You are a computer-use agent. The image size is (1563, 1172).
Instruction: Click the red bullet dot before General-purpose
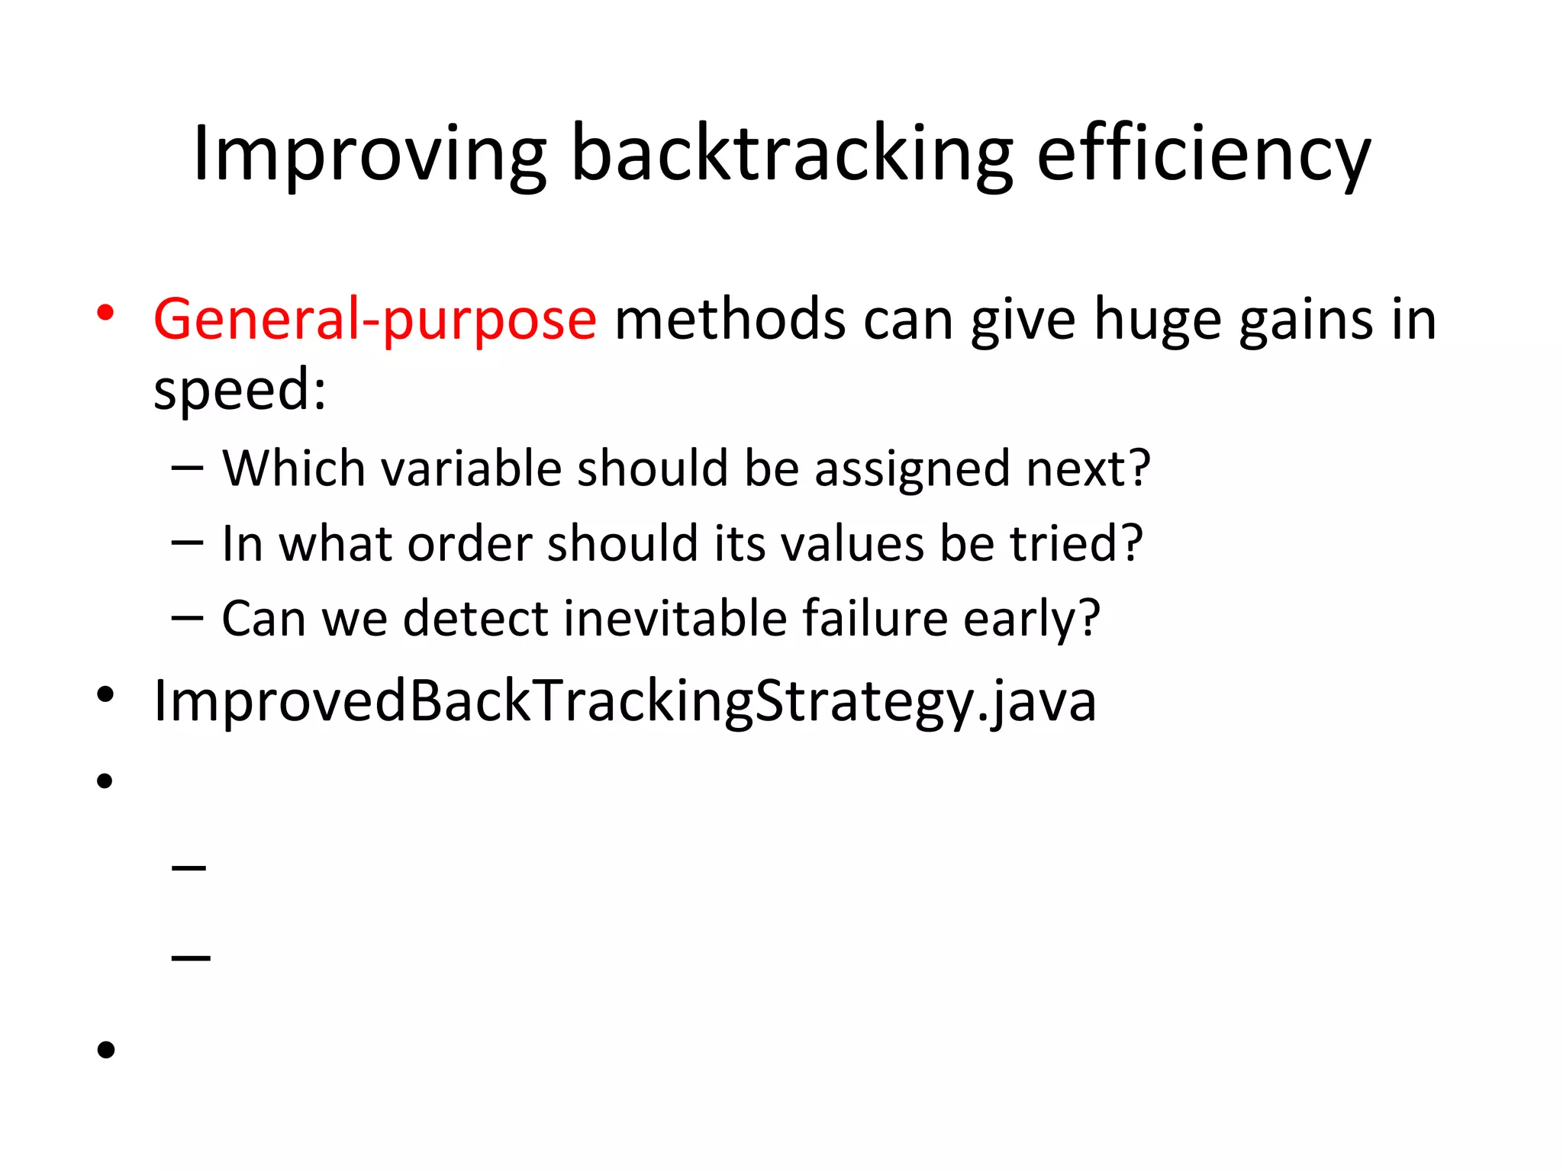tap(105, 312)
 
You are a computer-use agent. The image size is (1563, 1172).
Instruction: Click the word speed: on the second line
tap(240, 389)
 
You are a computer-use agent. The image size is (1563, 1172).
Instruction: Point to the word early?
tap(1031, 620)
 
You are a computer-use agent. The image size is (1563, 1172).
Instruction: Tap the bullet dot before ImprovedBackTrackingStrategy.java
tap(105, 694)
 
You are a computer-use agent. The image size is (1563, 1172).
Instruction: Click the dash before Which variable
tap(188, 467)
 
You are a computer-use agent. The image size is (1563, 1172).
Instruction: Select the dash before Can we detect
tap(188, 618)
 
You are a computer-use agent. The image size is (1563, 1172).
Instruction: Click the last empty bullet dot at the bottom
tap(105, 1050)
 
